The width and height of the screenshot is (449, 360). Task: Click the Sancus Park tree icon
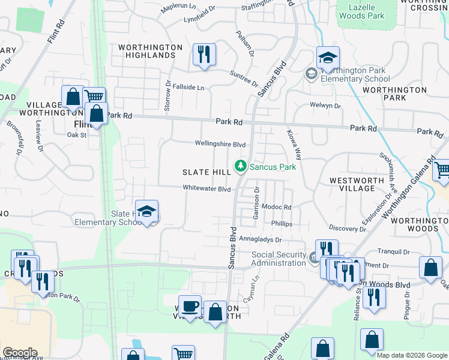(x=241, y=165)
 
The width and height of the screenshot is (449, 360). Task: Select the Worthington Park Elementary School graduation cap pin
(x=328, y=58)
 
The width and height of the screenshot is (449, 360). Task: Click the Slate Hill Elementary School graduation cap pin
(x=146, y=211)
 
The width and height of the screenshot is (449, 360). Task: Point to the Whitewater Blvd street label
(x=207, y=188)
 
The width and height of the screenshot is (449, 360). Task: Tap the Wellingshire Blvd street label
(x=220, y=144)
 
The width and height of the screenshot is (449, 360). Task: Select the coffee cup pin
(x=190, y=306)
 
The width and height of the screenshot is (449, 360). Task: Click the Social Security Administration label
(x=279, y=259)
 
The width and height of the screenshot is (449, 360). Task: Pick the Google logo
(x=20, y=353)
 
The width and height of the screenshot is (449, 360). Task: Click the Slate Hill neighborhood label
(x=206, y=172)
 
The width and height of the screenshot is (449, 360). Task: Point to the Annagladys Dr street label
(x=261, y=238)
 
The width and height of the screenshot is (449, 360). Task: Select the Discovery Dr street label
(x=348, y=229)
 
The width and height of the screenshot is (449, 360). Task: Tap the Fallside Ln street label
(x=188, y=87)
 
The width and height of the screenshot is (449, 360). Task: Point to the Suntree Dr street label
(x=244, y=79)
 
